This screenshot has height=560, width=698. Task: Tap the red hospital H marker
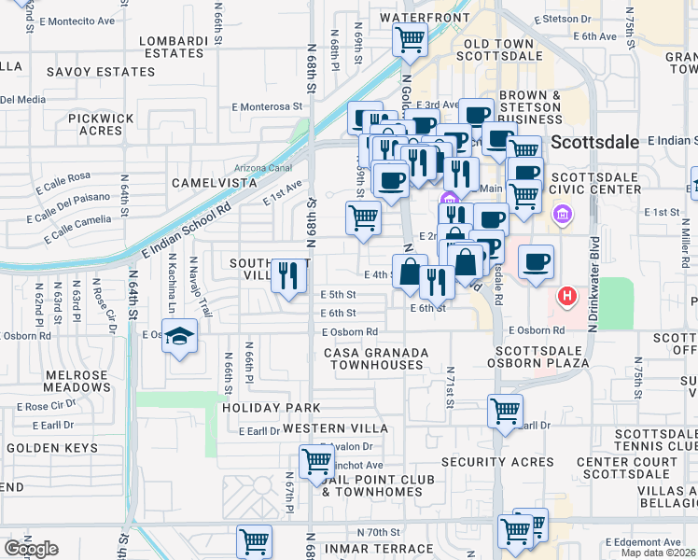tap(566, 299)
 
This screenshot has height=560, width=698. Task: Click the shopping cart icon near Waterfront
tap(410, 40)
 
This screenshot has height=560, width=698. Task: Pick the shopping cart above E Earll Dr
tap(505, 411)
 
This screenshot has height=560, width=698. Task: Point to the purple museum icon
tap(562, 217)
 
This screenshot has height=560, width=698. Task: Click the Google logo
tap(31, 549)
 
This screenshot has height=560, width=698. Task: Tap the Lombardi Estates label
tap(174, 47)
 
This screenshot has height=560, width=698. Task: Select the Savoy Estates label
tap(101, 72)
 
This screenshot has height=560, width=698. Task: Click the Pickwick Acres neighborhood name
tap(95, 124)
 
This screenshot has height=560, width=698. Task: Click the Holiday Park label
tap(271, 408)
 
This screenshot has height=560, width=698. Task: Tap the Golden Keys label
tap(52, 448)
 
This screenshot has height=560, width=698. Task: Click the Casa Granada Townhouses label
tap(376, 358)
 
